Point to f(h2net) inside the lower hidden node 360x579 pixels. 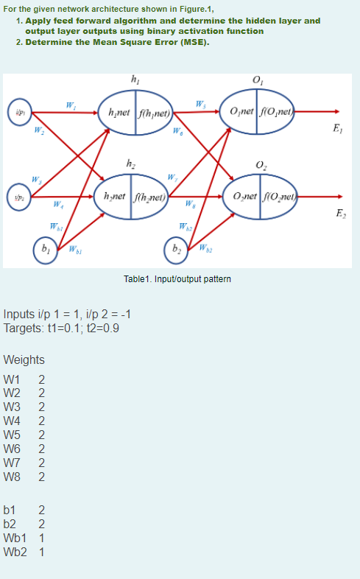pyautogui.click(x=151, y=197)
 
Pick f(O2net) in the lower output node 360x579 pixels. pyautogui.click(x=276, y=197)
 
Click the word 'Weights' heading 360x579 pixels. pyautogui.click(x=24, y=360)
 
